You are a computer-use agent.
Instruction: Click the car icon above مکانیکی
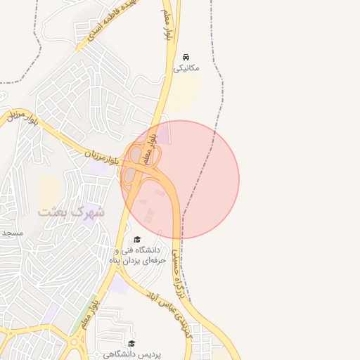186,56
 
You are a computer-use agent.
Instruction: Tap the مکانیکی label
186,68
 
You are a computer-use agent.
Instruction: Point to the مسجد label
12,232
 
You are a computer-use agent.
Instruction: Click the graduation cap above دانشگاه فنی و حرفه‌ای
137,239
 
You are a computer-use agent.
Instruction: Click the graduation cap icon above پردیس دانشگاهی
131,343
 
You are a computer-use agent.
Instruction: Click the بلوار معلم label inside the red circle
148,148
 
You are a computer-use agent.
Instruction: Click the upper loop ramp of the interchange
135,153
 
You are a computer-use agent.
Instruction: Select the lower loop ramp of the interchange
129,176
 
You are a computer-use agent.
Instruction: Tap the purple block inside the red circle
162,134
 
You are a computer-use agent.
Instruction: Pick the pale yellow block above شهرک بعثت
49,190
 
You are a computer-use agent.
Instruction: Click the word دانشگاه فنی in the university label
147,250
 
